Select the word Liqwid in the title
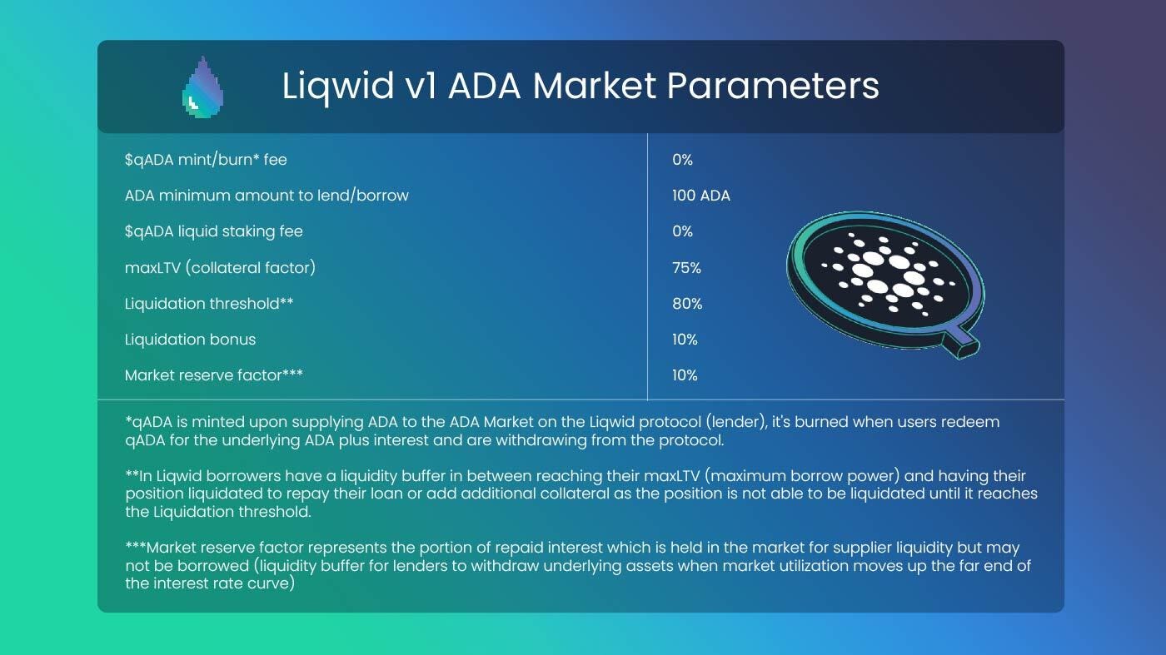pos(338,87)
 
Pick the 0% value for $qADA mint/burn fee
pos(682,159)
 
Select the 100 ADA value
pos(700,196)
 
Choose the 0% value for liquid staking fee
pos(682,231)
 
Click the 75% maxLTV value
pos(686,268)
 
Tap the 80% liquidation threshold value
pos(687,304)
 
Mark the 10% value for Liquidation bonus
pos(685,340)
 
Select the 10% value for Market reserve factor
pos(685,375)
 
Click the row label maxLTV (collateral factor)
pos(220,268)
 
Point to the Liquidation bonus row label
pos(190,340)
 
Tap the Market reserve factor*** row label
pos(213,375)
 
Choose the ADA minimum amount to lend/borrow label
pos(267,196)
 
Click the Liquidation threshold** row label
pos(209,304)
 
